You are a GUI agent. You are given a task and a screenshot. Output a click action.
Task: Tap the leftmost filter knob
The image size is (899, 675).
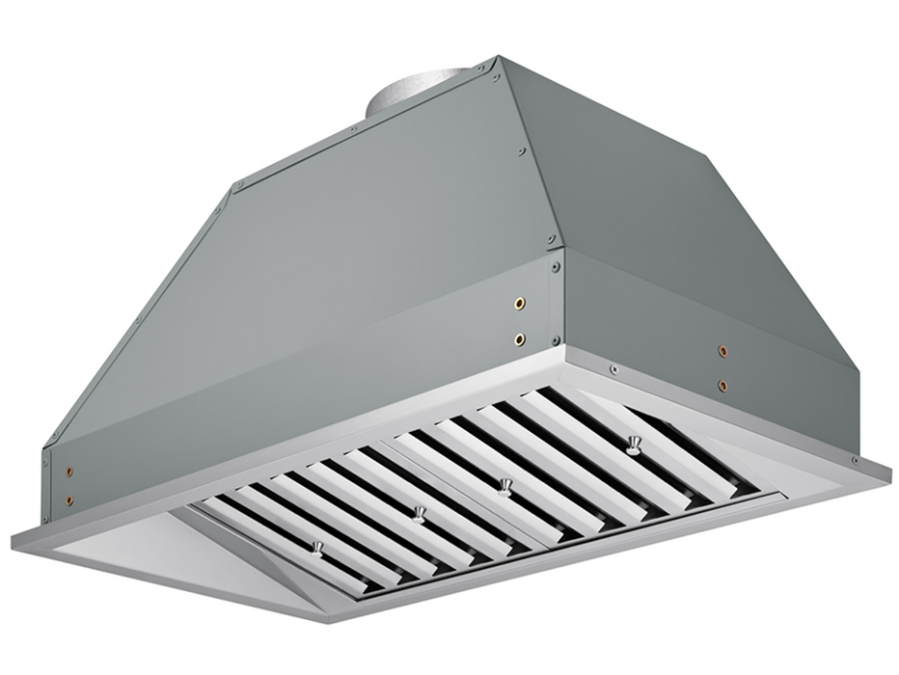coord(315,549)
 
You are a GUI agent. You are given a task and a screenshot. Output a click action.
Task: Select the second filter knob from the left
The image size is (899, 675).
coord(419,513)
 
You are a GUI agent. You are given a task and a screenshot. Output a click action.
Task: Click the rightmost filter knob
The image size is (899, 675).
coord(633,445)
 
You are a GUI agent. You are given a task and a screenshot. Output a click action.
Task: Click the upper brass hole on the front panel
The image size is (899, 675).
coord(520,304)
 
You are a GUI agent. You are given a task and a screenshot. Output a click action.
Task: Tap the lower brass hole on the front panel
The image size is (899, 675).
coord(520,339)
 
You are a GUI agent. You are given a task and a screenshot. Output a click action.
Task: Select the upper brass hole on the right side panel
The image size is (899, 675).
coord(722,351)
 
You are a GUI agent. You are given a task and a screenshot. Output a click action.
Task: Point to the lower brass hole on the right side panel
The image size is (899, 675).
coord(722,385)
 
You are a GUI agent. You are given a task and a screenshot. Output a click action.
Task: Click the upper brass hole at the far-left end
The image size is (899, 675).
coord(68,472)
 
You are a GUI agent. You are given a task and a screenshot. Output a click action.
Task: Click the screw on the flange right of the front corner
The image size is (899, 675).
coord(612,367)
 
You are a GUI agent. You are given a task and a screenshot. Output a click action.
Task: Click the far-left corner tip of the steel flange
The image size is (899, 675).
coord(14,536)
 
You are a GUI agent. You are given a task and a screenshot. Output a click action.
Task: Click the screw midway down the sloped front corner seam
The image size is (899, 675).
coord(522,150)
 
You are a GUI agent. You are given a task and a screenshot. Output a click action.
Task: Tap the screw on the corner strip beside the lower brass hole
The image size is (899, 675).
coord(555,339)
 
